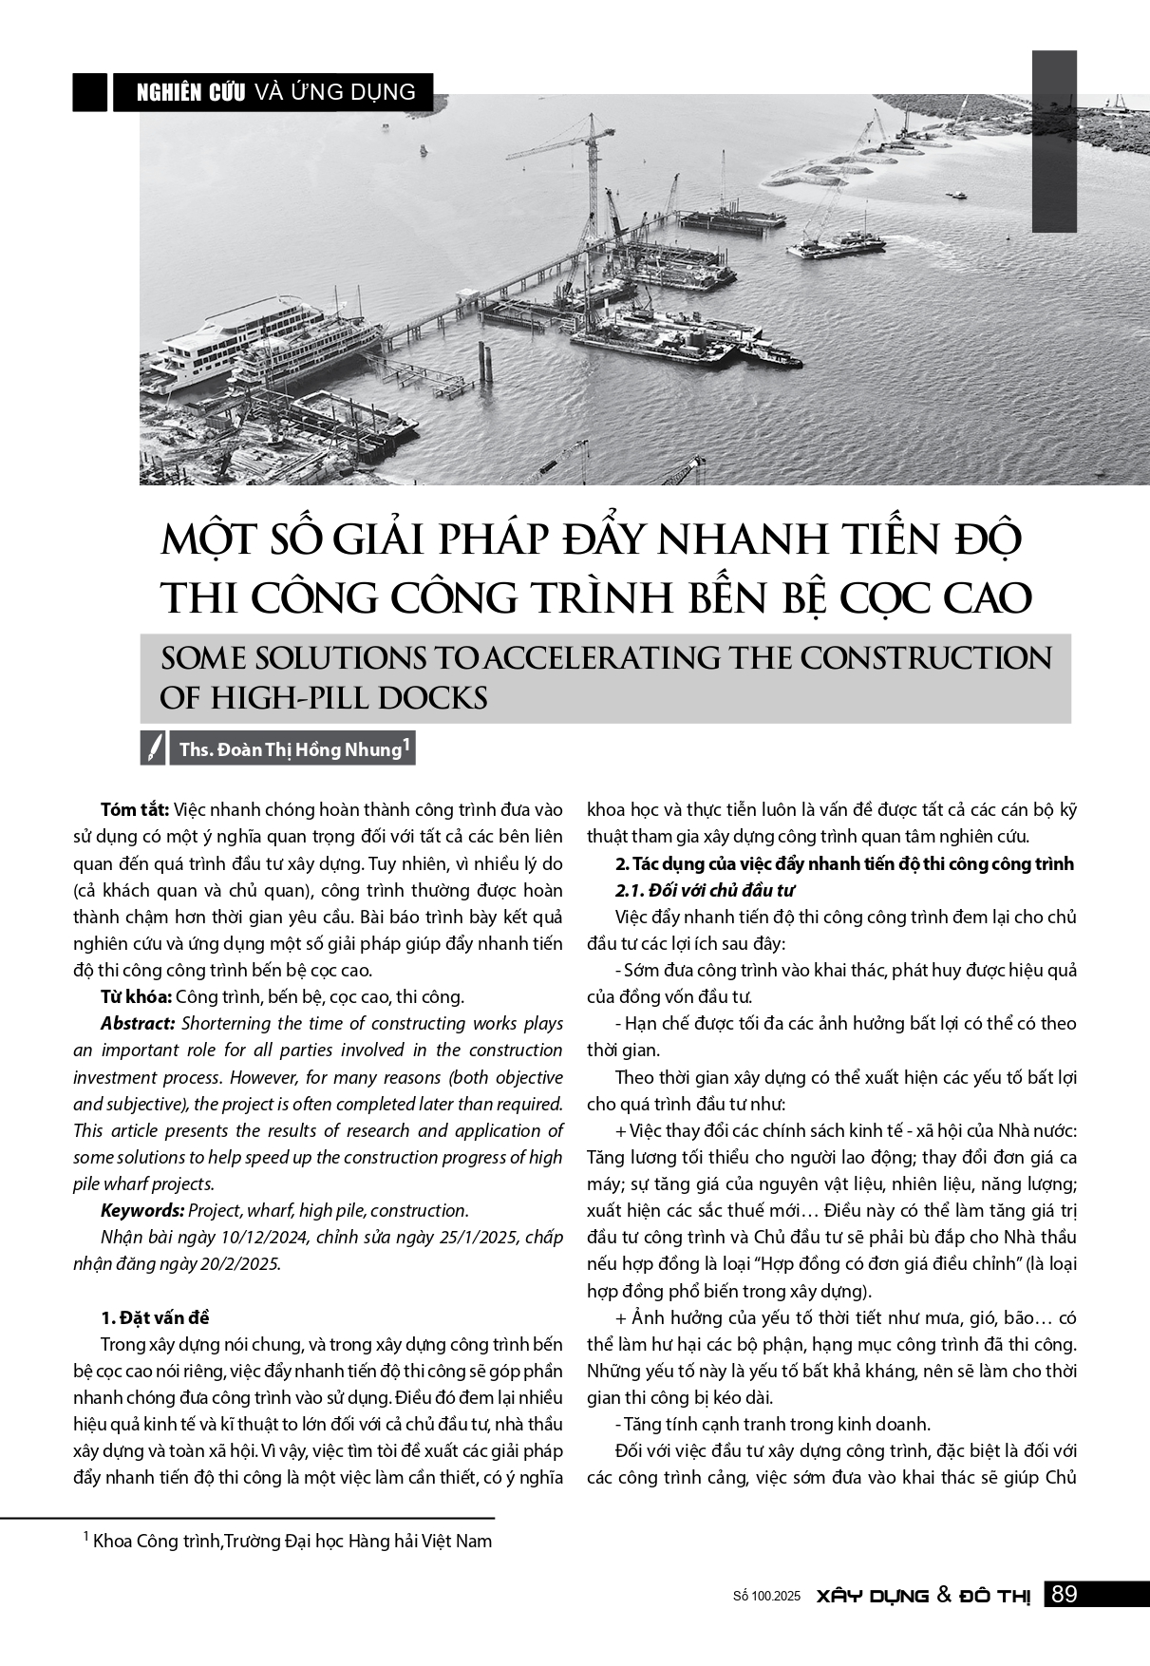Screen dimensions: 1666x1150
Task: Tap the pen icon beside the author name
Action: pos(153,748)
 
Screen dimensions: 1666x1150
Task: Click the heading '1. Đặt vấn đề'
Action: pos(155,1317)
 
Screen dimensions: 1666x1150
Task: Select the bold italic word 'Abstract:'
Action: pos(138,1023)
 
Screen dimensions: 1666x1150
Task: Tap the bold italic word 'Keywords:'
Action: pos(142,1210)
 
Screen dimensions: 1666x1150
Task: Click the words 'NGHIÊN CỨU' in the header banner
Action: pos(192,92)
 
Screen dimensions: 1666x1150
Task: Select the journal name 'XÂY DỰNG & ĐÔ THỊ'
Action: pos(923,1596)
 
